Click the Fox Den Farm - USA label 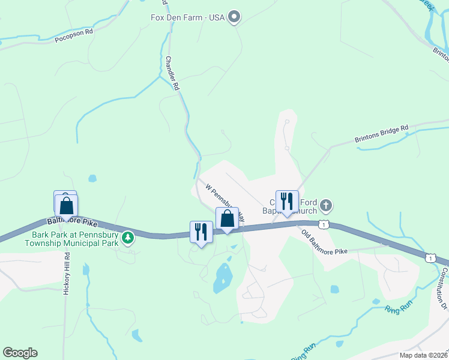(187, 17)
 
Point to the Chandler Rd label (172, 73)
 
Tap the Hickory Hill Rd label (67, 272)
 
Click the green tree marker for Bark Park (127, 238)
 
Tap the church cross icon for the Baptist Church (325, 206)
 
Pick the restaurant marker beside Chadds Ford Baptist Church (287, 202)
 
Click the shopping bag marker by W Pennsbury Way (227, 219)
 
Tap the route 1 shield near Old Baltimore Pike (324, 224)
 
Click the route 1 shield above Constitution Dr (429, 257)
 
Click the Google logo (20, 353)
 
